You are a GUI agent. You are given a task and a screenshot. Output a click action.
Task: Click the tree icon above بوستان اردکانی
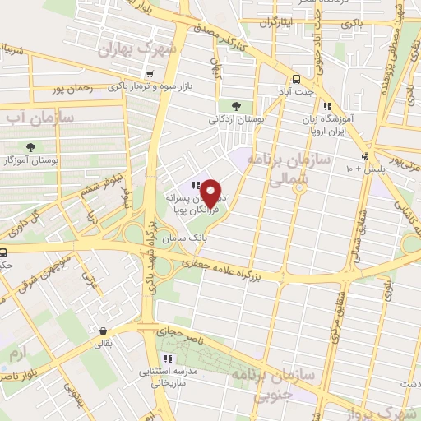tap(237, 105)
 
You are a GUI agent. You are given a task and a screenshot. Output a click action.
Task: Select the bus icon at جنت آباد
tap(295, 79)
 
